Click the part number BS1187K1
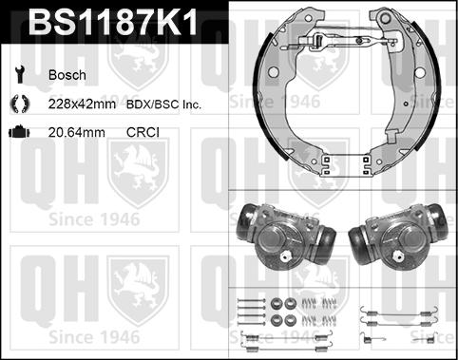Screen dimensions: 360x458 point(114,24)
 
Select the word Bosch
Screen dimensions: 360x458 point(67,74)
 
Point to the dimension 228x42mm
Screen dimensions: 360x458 point(81,104)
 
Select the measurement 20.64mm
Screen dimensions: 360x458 point(75,134)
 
